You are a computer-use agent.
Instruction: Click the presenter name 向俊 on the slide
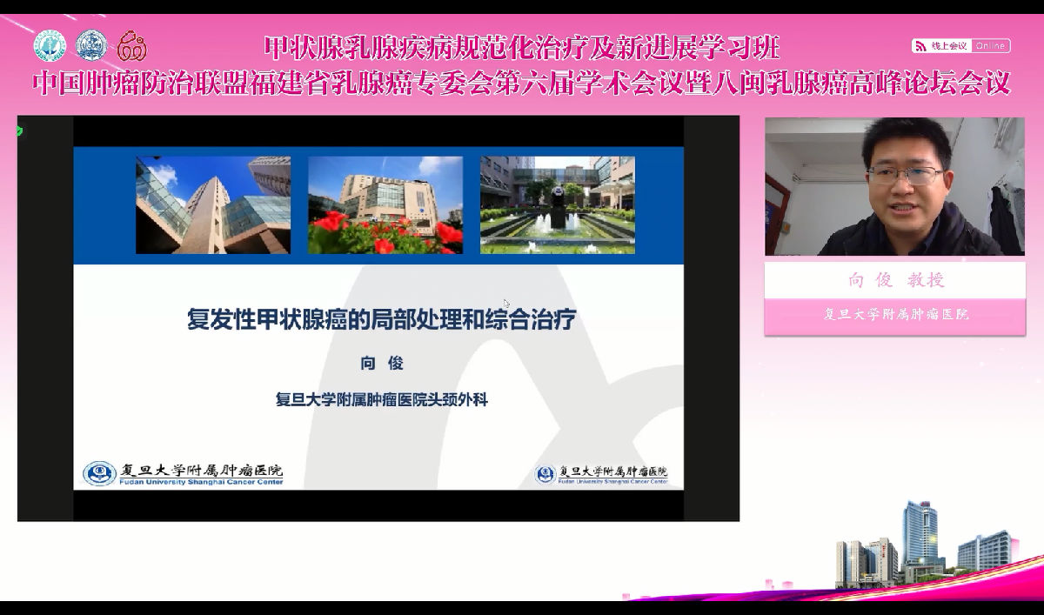382,364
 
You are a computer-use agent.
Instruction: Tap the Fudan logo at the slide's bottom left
99,473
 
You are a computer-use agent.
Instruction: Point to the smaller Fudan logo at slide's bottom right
545,474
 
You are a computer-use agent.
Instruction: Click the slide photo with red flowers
385,205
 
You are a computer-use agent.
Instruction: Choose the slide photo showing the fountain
557,205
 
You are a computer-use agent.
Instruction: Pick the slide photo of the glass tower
212,205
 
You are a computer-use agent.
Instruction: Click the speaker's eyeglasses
905,176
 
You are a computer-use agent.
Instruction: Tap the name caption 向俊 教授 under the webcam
895,280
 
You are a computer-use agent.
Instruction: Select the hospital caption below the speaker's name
895,314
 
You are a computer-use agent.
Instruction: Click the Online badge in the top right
990,45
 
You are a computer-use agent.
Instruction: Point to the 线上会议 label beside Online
948,45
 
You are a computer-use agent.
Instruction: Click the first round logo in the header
50,45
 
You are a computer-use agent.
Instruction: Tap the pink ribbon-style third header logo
132,45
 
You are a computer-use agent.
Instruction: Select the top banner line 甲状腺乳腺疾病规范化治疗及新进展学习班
521,45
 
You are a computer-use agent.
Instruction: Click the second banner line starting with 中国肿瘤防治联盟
521,84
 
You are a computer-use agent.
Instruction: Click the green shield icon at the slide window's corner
19,131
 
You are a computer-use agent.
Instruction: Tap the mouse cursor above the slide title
506,304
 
